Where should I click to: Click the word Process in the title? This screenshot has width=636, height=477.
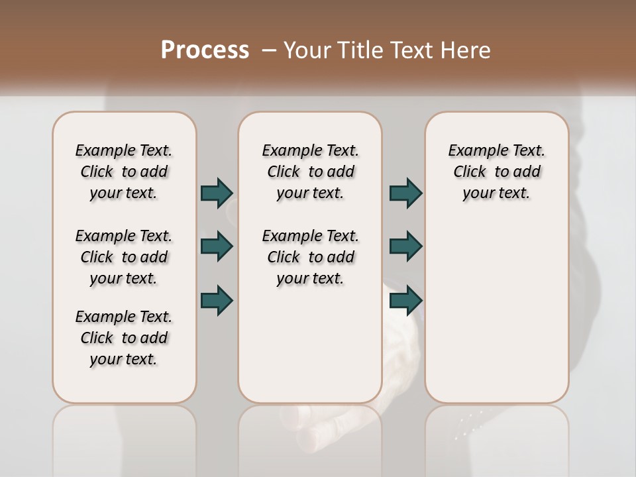pos(205,50)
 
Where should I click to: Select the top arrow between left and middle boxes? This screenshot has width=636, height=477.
pos(217,193)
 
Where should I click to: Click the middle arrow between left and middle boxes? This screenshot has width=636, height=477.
pos(217,246)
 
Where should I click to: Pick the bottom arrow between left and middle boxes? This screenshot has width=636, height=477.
pos(217,300)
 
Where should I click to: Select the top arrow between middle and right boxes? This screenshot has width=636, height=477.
pos(405,193)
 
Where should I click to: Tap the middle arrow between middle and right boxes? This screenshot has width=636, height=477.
pos(405,246)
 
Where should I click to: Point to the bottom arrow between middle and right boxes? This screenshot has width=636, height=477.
pos(405,300)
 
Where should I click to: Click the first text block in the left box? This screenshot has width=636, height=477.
pos(124,172)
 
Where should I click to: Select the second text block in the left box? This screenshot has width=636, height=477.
pos(124,257)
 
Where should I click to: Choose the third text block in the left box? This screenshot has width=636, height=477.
pos(124,338)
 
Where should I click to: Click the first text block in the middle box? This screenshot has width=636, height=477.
pos(310,172)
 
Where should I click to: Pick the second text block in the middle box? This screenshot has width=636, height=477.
pos(310,257)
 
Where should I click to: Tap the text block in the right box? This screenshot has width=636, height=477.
pos(496,172)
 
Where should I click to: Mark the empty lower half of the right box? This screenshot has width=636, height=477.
pos(496,318)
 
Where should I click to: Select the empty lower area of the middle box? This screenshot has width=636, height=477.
pos(310,344)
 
